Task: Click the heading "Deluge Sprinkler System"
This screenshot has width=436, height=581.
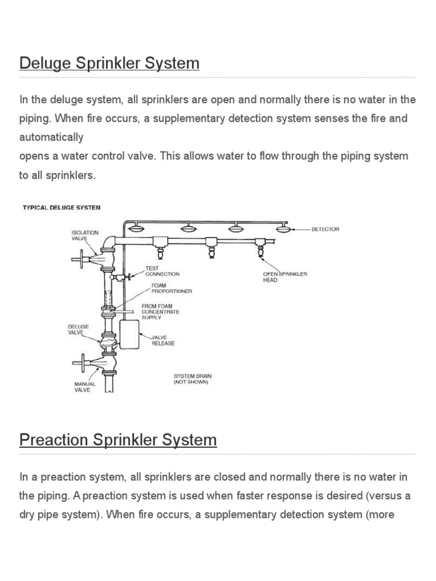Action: pyautogui.click(x=109, y=62)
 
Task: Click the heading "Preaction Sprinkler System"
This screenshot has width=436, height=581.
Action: pyautogui.click(x=118, y=440)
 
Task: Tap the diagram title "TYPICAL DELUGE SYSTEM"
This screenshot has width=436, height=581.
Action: pyautogui.click(x=61, y=208)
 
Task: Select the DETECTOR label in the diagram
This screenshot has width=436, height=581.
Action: pyautogui.click(x=325, y=229)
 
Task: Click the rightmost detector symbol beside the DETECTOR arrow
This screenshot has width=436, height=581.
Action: pyautogui.click(x=283, y=228)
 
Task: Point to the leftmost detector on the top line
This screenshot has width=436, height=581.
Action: pyautogui.click(x=137, y=228)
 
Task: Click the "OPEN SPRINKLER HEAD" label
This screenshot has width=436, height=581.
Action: pyautogui.click(x=284, y=277)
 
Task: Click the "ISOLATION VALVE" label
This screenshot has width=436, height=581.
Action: pyautogui.click(x=85, y=235)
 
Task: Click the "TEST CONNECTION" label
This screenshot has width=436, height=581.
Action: pyautogui.click(x=162, y=271)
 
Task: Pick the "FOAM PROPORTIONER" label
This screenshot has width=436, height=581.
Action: pyautogui.click(x=171, y=288)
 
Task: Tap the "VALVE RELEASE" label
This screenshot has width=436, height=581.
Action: pyautogui.click(x=162, y=340)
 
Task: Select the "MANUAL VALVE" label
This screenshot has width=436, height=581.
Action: pyautogui.click(x=85, y=387)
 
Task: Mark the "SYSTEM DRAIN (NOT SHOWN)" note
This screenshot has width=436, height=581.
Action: pyautogui.click(x=191, y=379)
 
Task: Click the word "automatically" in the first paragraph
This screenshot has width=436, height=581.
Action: pyautogui.click(x=51, y=137)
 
